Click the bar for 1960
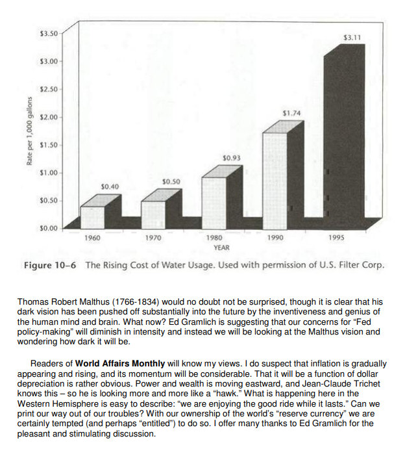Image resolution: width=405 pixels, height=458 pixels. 92,217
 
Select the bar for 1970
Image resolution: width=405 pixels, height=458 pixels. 153,214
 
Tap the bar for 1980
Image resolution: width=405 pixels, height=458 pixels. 214,202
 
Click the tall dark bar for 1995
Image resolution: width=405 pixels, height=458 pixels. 339,136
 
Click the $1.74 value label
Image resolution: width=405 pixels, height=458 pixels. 291,113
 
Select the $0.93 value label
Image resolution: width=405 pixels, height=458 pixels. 231,158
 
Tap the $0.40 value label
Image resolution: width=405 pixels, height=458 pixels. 110,186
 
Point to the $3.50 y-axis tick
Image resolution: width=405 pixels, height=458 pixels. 49,32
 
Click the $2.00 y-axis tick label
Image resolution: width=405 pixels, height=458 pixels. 49,117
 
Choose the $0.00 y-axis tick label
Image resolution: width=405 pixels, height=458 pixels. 49,229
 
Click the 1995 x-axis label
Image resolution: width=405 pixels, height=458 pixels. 336,238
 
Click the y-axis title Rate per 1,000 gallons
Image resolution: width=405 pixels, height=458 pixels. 30,130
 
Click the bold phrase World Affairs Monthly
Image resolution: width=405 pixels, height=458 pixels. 120,363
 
